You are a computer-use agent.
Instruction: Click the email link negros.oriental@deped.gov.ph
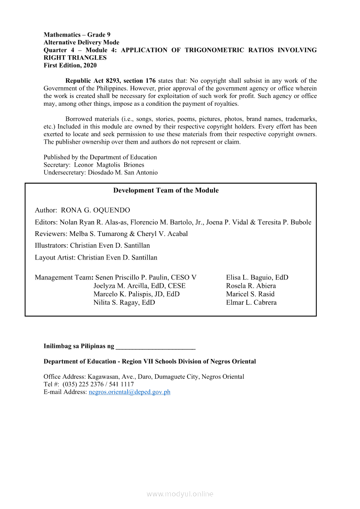pos(129,392)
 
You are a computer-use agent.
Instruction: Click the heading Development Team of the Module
pos(166,190)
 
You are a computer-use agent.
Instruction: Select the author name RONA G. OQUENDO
pos(95,210)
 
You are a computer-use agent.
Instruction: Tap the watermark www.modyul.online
pos(180,494)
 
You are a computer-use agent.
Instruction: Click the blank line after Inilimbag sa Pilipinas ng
pos(156,347)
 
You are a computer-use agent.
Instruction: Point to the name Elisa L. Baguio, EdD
pos(257,277)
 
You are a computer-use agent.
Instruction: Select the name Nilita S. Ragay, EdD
pos(124,302)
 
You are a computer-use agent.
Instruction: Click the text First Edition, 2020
pos(70,65)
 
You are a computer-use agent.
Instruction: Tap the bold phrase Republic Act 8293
pos(93,81)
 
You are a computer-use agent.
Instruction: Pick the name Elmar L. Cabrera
pos(251,302)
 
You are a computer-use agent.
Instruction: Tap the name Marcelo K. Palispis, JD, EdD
pos(136,294)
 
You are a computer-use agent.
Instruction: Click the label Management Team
pos(63,277)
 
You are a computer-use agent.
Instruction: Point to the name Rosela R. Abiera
pos(251,286)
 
